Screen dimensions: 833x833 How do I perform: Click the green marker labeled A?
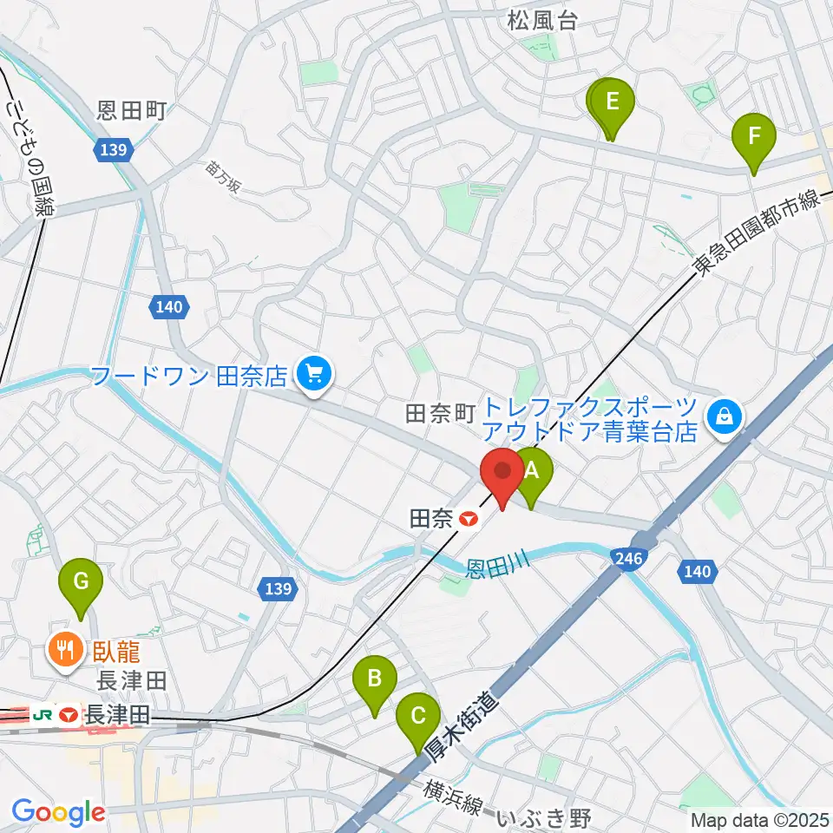[532, 471]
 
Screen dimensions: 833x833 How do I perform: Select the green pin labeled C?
[417, 717]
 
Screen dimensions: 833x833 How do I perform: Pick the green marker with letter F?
[754, 136]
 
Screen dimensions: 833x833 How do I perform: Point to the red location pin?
[503, 473]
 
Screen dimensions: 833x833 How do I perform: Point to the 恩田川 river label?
[496, 565]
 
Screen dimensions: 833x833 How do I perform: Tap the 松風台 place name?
[542, 22]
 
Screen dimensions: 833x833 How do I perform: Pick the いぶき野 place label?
[547, 817]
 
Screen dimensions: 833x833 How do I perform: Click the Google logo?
[58, 812]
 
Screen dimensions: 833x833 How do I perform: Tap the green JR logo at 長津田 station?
[41, 716]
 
